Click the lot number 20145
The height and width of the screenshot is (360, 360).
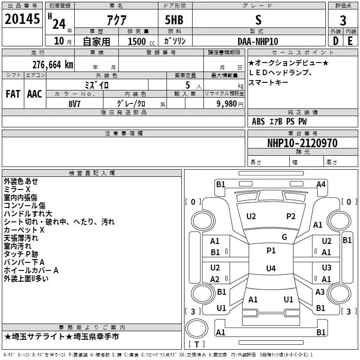tap(22, 19)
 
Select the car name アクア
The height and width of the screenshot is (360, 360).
tap(117, 20)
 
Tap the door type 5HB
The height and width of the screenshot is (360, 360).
tap(174, 20)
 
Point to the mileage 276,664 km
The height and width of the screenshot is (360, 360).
tap(53, 65)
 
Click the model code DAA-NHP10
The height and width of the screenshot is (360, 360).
tap(258, 41)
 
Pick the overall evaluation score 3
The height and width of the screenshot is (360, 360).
tap(343, 20)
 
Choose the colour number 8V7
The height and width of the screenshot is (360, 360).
tap(74, 104)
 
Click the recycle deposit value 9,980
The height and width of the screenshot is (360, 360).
tap(226, 104)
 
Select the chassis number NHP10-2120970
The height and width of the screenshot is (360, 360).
tap(302, 143)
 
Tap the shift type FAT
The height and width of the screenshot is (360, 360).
tap(13, 94)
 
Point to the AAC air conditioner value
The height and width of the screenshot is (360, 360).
tap(35, 94)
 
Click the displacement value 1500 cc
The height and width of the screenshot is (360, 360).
tap(141, 41)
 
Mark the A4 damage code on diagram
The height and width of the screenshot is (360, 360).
tap(321, 184)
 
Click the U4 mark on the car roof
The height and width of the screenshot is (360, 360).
tap(271, 268)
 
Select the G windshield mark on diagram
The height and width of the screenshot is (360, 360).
tap(284, 237)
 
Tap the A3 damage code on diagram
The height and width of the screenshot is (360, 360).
tap(320, 292)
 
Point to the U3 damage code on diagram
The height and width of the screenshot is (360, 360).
tap(327, 267)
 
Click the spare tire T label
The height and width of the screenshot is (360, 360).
tap(197, 344)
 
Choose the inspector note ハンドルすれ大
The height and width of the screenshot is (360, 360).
tap(28, 214)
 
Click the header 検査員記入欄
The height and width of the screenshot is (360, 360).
tap(92, 173)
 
